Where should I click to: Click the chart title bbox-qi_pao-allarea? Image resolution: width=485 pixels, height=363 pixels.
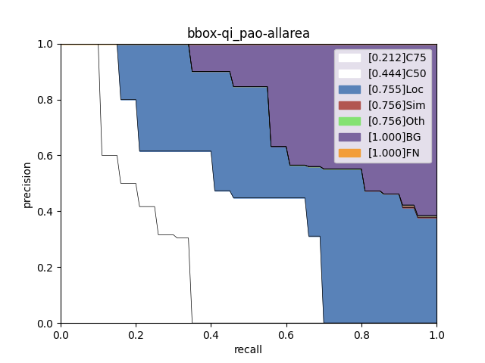[x=249, y=33]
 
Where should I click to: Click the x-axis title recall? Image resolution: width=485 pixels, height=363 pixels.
[x=249, y=349]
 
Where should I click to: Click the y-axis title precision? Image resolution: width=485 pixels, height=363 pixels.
[x=27, y=184]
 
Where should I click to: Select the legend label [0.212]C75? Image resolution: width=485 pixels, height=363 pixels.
[x=396, y=57]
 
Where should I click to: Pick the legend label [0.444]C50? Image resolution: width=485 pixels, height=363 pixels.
[x=396, y=73]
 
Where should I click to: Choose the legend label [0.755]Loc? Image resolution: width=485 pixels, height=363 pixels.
[x=394, y=89]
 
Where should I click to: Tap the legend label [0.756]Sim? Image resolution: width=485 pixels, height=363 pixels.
[x=395, y=105]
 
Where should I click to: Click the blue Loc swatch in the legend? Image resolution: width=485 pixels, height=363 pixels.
[x=349, y=89]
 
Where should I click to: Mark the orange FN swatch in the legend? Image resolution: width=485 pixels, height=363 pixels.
[x=349, y=153]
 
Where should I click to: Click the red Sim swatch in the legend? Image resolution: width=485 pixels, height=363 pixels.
[x=349, y=105]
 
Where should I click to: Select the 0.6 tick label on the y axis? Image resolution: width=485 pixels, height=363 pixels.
[x=46, y=156]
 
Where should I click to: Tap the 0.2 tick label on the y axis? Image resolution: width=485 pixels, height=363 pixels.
[x=46, y=268]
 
